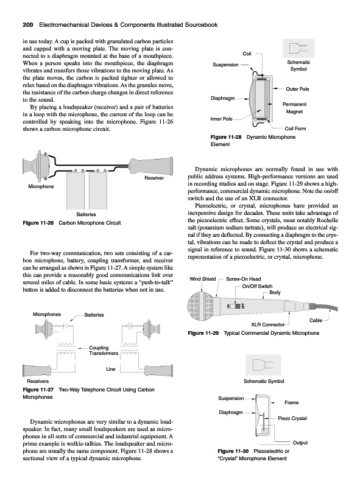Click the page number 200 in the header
[28, 25]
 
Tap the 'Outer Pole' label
[297, 89]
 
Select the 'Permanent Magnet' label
[294, 108]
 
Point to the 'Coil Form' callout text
[295, 128]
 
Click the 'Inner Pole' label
[221, 119]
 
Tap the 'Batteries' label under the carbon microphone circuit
[86, 214]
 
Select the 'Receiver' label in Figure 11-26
[154, 178]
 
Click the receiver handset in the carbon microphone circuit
[151, 165]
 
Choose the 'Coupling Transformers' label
[104, 351]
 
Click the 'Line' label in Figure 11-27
[111, 369]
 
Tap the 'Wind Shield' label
[202, 279]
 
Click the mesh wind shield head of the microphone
[200, 306]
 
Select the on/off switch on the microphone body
[238, 306]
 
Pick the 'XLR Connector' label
[267, 324]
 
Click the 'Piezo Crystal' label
[292, 418]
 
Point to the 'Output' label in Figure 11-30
[300, 443]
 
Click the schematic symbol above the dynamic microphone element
[298, 48]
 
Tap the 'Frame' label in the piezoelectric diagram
[291, 402]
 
